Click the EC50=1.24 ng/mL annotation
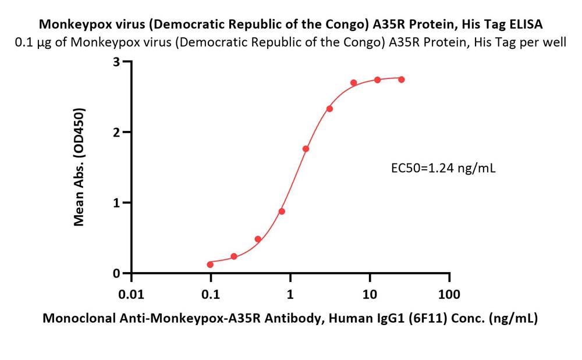click(443, 169)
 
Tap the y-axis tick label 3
click(116, 62)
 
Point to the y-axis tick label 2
click(116, 133)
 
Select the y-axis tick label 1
click(116, 203)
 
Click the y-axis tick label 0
click(116, 273)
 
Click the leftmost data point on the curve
click(210, 265)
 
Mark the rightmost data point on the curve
click(402, 80)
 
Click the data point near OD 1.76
click(306, 149)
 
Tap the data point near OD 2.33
click(329, 109)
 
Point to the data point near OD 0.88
click(282, 211)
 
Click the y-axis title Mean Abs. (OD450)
click(80, 167)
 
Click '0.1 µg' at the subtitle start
click(33, 42)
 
